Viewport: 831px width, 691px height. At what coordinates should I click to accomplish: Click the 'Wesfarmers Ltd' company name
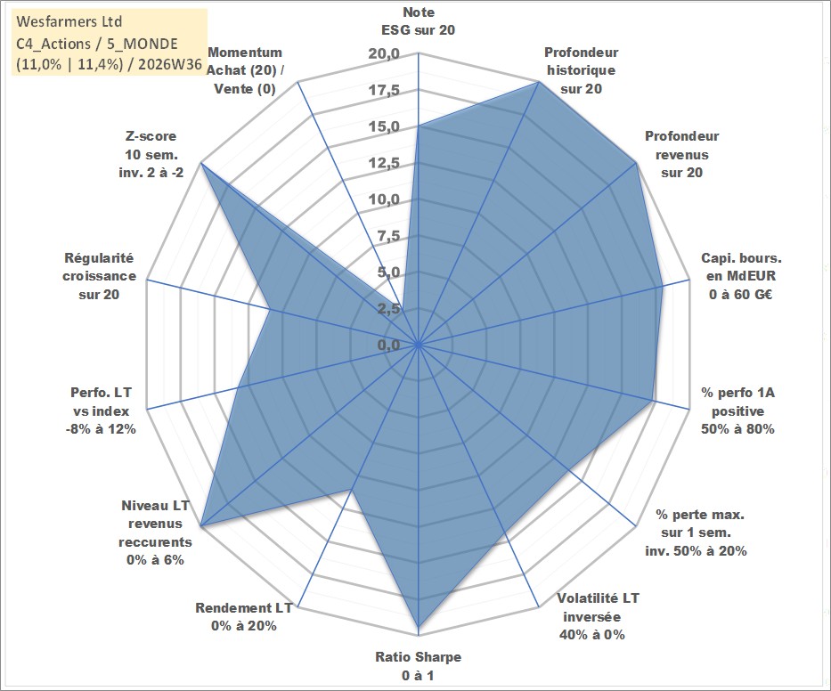[x=69, y=21]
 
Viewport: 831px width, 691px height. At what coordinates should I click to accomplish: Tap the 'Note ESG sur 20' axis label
[x=418, y=21]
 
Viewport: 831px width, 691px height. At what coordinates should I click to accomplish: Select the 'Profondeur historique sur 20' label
[x=581, y=70]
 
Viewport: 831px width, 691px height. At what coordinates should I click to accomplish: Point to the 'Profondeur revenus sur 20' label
[x=681, y=154]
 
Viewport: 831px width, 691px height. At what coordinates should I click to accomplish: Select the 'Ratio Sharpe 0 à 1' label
[x=418, y=666]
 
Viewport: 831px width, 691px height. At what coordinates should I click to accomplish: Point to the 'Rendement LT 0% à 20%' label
[x=244, y=617]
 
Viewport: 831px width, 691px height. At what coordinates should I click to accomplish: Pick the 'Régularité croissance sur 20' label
[x=99, y=276]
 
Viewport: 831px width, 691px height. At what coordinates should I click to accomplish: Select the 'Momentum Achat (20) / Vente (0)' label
[x=245, y=70]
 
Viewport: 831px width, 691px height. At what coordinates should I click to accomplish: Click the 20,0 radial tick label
[x=384, y=54]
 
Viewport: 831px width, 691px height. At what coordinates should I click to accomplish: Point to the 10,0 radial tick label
[x=384, y=199]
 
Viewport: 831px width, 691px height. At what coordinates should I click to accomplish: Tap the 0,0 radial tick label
[x=388, y=345]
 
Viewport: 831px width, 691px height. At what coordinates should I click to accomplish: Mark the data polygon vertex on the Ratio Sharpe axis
[x=418, y=634]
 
